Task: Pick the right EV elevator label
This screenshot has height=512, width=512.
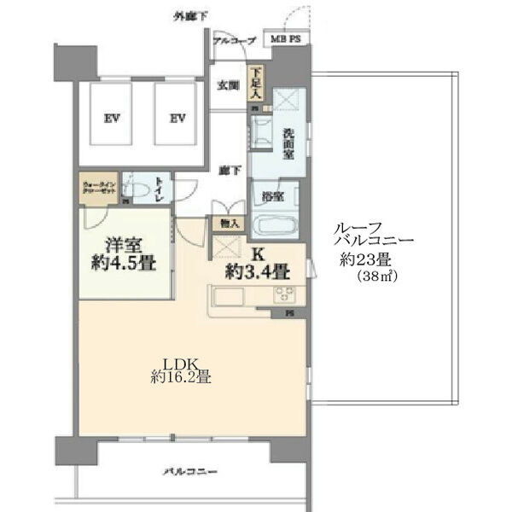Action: [x=177, y=118]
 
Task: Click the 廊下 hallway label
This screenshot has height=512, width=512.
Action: [x=226, y=169]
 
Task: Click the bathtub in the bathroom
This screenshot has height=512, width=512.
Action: [x=274, y=228]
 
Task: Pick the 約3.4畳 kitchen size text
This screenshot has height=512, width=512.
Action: [x=256, y=273]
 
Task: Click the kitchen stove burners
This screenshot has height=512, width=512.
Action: [x=284, y=295]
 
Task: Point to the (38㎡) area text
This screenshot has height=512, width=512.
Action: [x=376, y=278]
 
